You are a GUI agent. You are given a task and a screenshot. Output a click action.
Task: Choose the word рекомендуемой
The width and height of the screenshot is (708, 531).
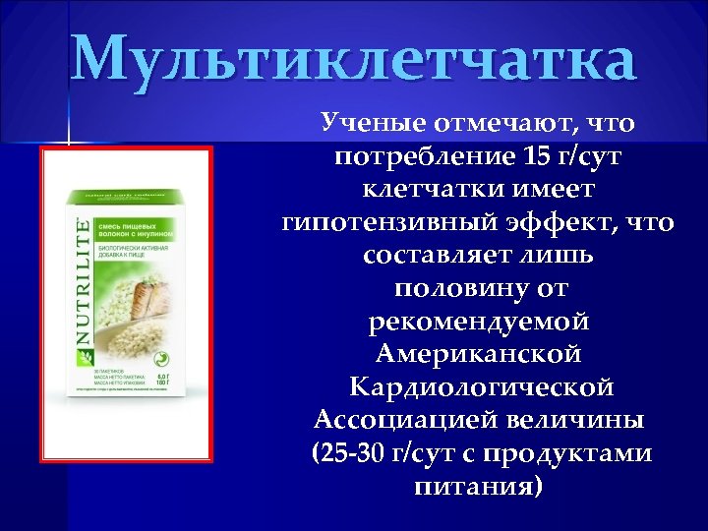[478, 322]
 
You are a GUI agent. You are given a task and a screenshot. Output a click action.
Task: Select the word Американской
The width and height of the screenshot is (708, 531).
[478, 354]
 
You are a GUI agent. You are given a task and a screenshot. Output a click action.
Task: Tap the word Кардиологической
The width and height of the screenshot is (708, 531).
[478, 386]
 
